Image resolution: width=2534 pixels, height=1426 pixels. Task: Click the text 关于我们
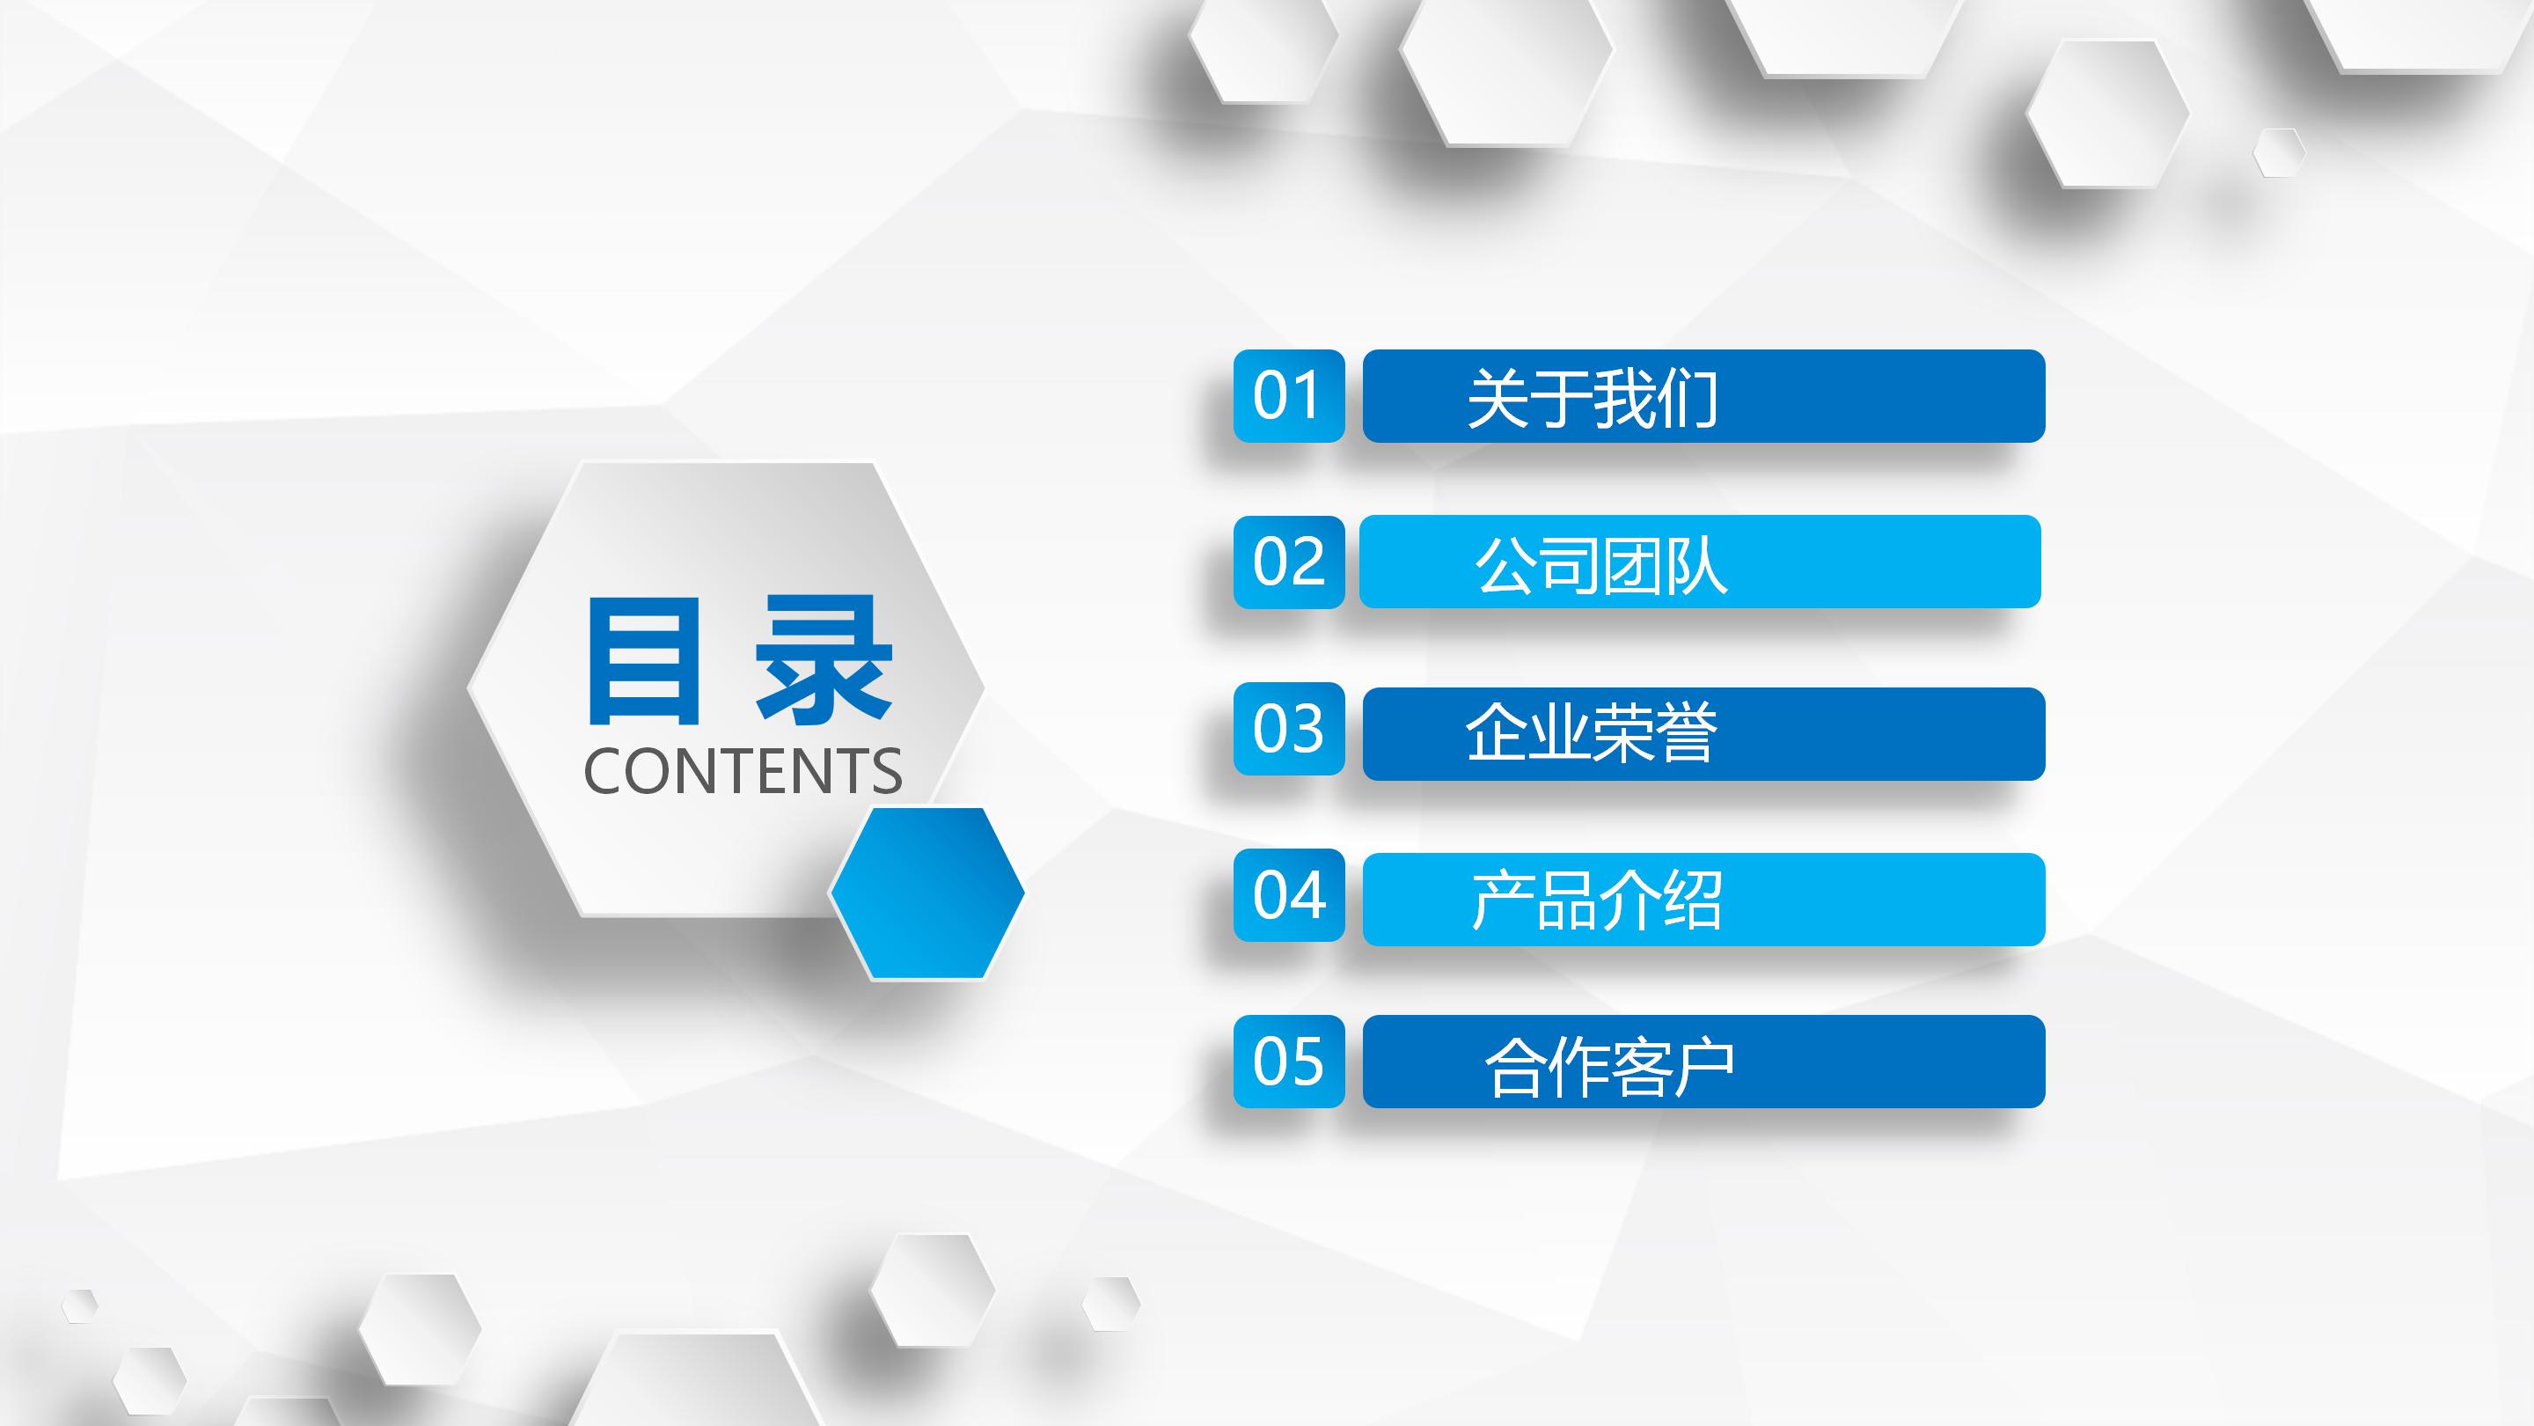tap(1592, 399)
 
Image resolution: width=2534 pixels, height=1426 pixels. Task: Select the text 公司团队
tap(1600, 566)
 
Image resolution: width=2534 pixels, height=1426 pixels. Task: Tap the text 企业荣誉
tap(1592, 733)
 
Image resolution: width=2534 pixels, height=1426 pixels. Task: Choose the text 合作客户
tap(1609, 1066)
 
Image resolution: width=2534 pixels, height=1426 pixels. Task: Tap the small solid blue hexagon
tap(926, 893)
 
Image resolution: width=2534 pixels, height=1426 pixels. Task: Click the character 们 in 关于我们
tap(1687, 399)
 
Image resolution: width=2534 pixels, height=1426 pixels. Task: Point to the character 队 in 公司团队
tap(1695, 566)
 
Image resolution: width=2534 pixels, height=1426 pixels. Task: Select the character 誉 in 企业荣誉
tap(1686, 733)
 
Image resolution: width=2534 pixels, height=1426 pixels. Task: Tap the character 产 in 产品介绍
tap(1502, 900)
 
